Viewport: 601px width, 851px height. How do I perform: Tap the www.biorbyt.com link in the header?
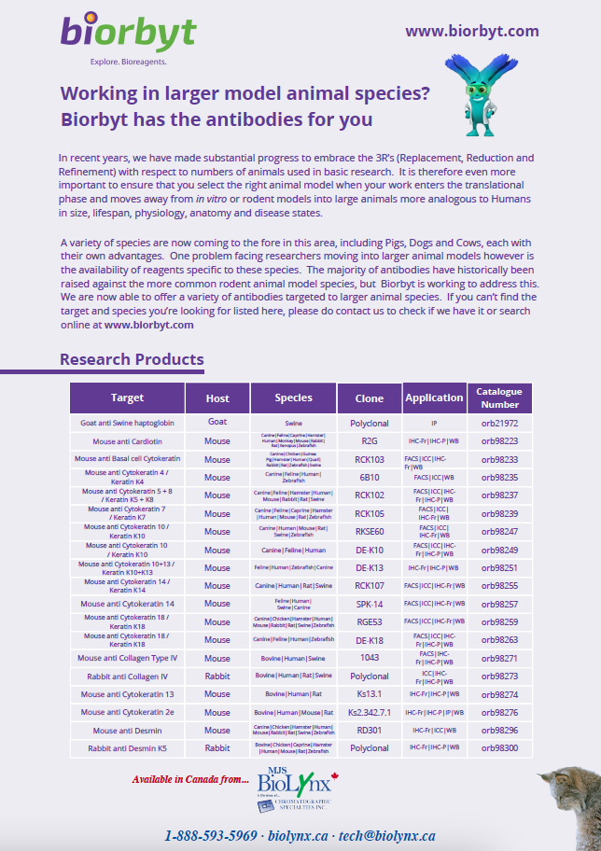tap(471, 31)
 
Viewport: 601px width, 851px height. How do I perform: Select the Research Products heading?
tap(132, 359)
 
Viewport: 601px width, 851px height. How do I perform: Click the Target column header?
tap(127, 398)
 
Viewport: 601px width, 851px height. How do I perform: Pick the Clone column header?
tap(370, 398)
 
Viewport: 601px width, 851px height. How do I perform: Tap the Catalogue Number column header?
tap(498, 398)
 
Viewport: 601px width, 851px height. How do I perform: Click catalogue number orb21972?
tap(499, 423)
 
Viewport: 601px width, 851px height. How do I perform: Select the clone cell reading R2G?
tap(370, 441)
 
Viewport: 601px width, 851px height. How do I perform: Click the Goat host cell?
tap(217, 423)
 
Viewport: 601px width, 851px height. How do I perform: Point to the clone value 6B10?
tap(370, 477)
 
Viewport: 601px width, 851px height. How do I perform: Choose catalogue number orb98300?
tap(499, 748)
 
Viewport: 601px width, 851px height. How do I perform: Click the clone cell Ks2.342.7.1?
tap(370, 712)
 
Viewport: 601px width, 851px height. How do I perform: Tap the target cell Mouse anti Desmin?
tap(127, 731)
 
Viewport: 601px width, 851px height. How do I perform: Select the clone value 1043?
tap(370, 658)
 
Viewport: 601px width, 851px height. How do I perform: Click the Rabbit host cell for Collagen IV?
tap(217, 677)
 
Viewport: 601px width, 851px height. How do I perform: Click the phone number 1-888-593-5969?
tap(211, 835)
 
